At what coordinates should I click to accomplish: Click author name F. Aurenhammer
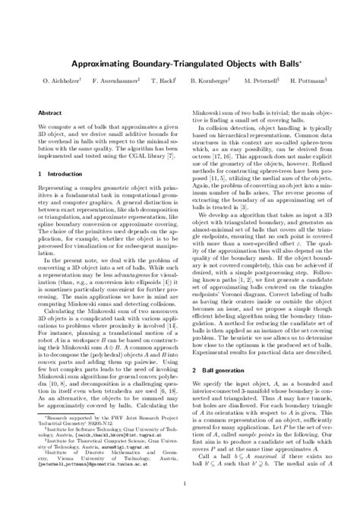coord(115,80)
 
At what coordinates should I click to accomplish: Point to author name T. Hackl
coord(164,80)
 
